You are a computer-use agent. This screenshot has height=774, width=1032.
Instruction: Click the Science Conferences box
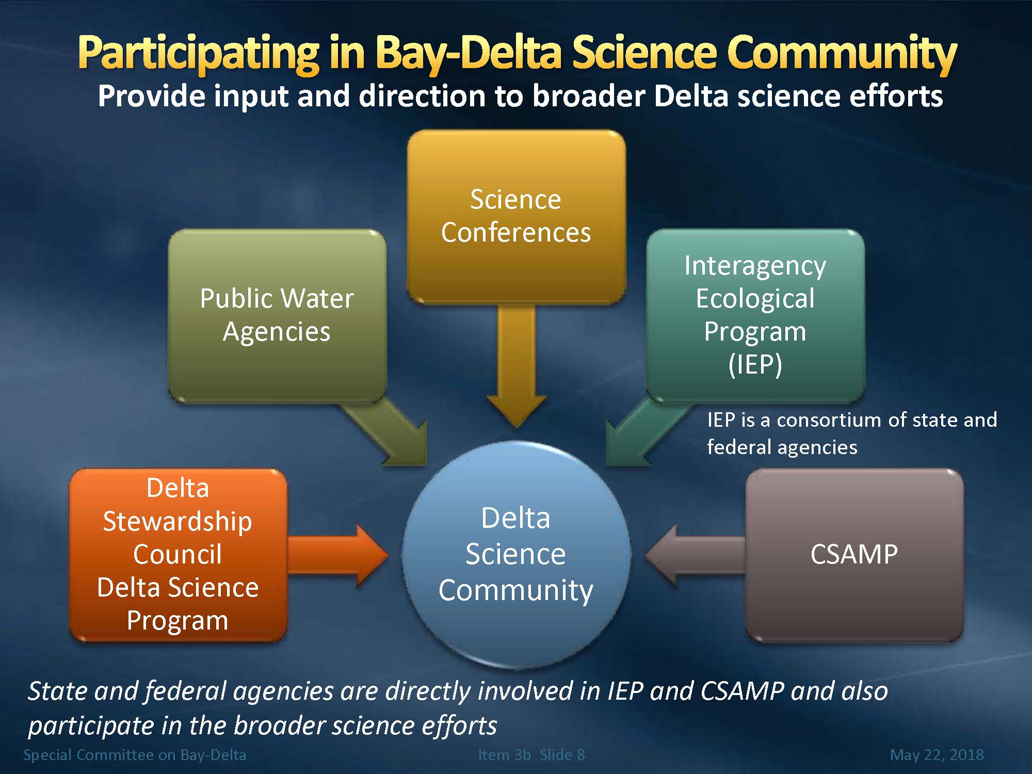coord(516,217)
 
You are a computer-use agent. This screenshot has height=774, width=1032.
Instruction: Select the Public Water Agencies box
coord(277,316)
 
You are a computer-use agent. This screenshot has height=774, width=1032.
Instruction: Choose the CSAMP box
coord(854,555)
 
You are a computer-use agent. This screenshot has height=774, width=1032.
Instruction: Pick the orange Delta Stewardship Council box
coord(178,555)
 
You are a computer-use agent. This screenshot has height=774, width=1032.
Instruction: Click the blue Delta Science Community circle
coord(516,555)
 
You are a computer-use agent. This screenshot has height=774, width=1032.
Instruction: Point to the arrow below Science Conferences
coord(517,366)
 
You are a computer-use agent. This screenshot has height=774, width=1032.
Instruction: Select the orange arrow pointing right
coord(338,555)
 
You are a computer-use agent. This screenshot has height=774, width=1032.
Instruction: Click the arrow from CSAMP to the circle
coord(696,555)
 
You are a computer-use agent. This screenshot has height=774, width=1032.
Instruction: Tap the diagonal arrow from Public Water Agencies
coord(384,433)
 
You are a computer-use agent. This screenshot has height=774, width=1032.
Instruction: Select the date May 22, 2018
coord(937,755)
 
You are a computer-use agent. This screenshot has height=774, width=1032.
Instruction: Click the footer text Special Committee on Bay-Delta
coord(135,755)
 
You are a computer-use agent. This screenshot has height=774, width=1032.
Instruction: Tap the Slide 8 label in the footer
coord(562,755)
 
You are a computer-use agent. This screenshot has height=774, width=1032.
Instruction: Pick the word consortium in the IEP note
coord(839,420)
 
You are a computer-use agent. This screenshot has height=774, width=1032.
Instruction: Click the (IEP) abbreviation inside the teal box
coord(755,364)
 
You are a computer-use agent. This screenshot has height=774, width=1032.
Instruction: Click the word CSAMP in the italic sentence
coord(742,691)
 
